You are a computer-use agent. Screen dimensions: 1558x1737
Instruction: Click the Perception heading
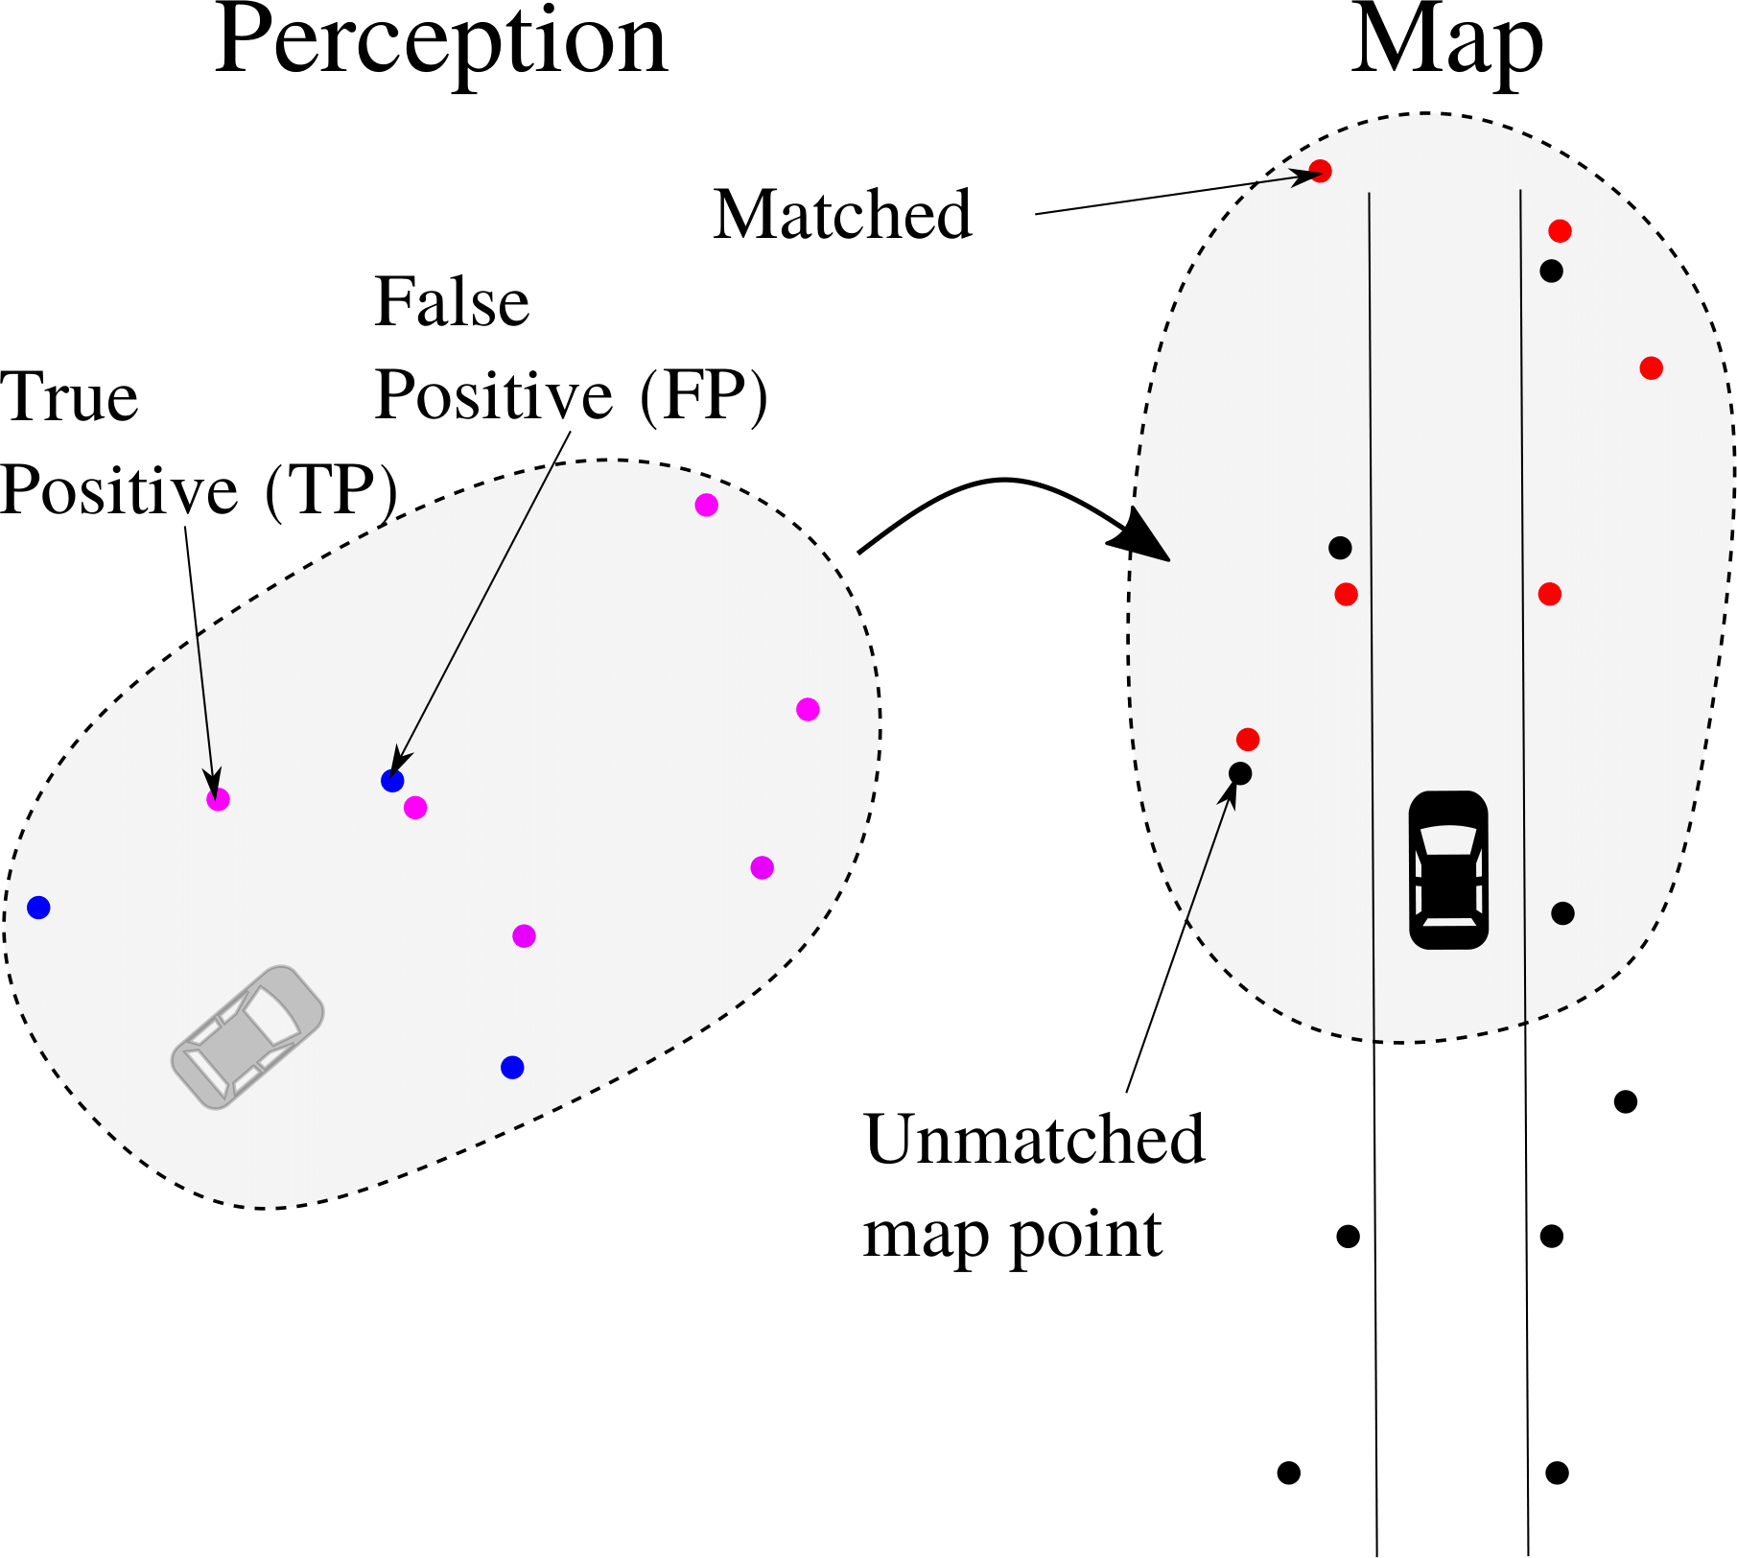point(440,43)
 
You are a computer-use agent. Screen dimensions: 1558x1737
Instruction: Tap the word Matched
point(842,214)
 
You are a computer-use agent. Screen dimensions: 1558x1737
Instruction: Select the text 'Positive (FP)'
point(571,394)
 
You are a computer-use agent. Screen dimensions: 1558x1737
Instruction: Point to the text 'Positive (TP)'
point(199,490)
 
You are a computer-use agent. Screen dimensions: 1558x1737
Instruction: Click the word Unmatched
point(1034,1140)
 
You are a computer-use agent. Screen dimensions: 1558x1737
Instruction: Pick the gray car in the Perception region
point(247,1037)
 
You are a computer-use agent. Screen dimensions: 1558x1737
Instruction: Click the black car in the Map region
point(1448,869)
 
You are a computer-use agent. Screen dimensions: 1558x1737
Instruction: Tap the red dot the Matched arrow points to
point(1321,172)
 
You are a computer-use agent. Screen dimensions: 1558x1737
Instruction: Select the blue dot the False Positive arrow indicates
point(392,781)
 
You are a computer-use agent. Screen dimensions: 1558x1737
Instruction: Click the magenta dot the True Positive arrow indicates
point(219,799)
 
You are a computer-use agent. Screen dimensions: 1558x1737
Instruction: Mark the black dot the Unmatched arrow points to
point(1240,773)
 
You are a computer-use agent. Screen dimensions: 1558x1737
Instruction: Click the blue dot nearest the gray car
point(512,1067)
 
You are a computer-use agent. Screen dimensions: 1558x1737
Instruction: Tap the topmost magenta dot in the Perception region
point(707,506)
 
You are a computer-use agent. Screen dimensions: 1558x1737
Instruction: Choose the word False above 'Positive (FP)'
point(452,302)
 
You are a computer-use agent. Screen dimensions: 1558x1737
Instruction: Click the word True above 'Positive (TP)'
point(70,397)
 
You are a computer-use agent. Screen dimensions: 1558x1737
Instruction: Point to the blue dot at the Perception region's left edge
point(38,908)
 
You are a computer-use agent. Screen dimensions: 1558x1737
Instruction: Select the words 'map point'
point(1012,1235)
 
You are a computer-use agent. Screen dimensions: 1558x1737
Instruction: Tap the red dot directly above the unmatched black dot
point(1248,740)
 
